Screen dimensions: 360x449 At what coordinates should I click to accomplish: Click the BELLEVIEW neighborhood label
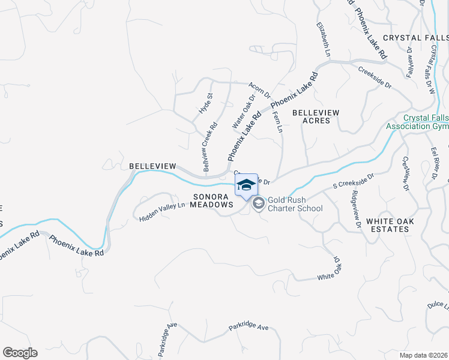point(152,166)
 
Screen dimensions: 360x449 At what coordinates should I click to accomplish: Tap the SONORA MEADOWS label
point(212,200)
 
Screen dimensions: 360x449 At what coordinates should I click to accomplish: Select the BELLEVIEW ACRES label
point(316,116)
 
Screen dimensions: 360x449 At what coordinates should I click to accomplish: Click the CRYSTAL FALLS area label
point(415,37)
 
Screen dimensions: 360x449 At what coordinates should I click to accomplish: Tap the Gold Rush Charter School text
point(295,204)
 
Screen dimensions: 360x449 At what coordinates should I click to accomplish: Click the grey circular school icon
point(258,203)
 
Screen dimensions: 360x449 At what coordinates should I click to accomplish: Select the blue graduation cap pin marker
point(246,185)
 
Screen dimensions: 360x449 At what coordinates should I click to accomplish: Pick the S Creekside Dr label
point(354,181)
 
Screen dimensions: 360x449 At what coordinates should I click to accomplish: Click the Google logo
point(20,353)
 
